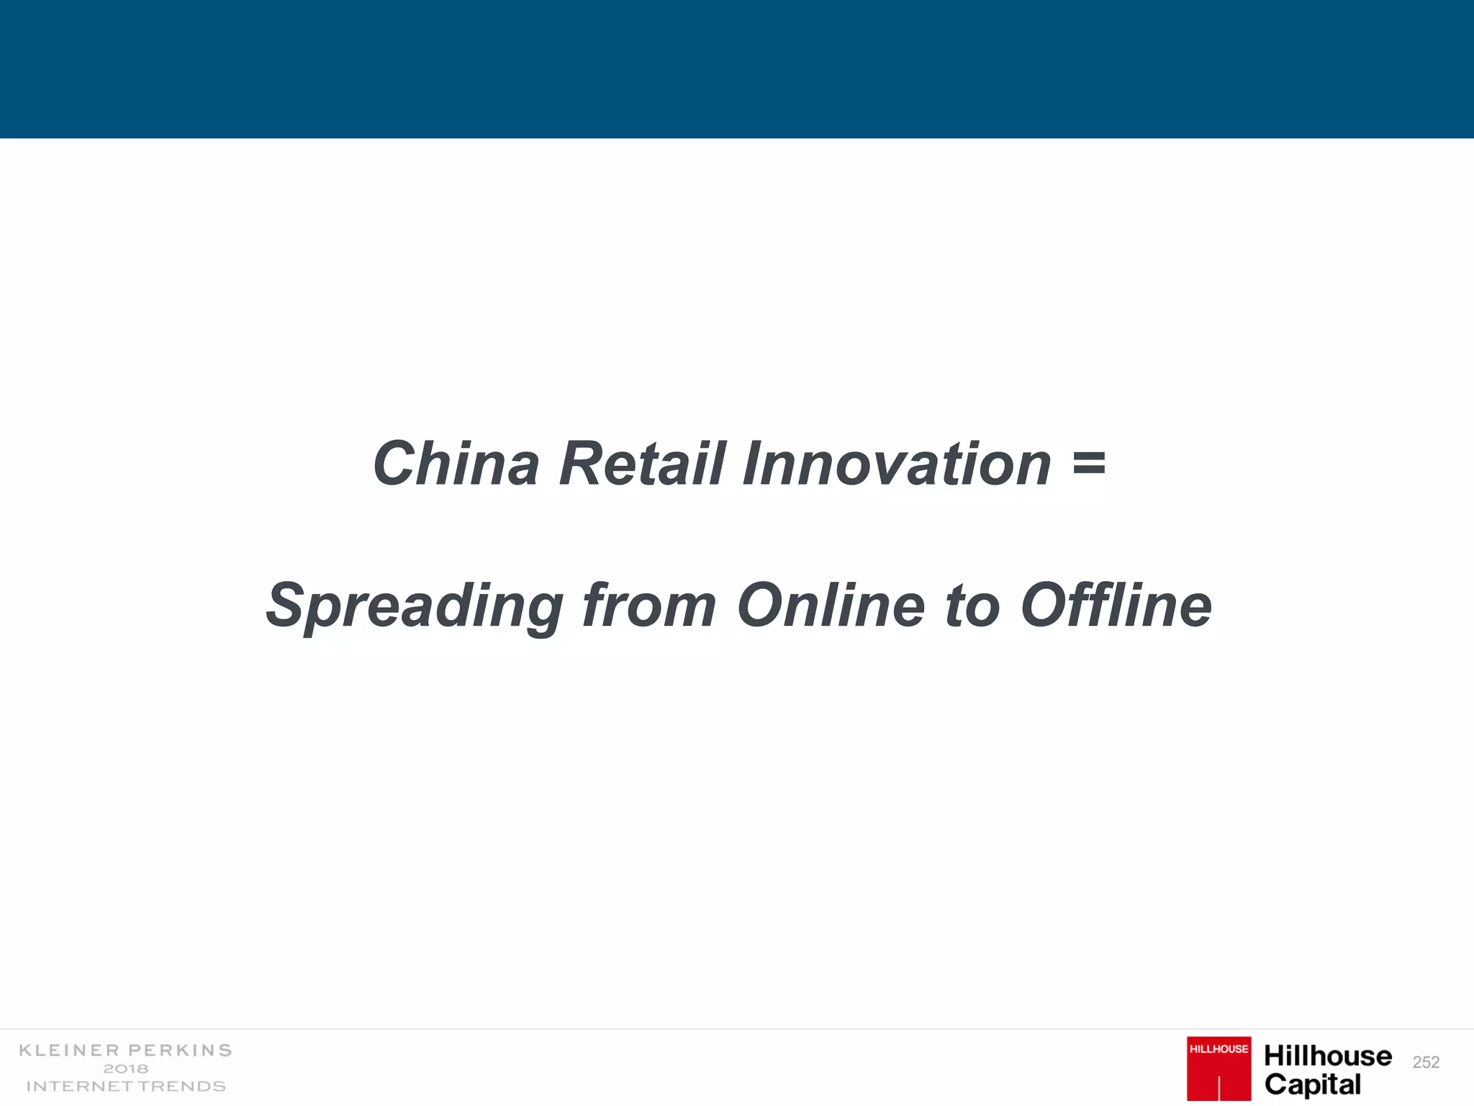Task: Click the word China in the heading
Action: (x=456, y=464)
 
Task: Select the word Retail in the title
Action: (x=642, y=464)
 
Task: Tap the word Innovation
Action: (x=897, y=464)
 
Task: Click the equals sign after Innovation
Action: (x=1088, y=463)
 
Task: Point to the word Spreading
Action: (x=415, y=606)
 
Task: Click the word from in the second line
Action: (x=648, y=606)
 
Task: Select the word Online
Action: (x=831, y=606)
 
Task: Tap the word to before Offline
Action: (x=972, y=606)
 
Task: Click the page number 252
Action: (x=1426, y=1062)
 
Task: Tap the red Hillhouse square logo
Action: (x=1218, y=1069)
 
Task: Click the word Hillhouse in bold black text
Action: (x=1328, y=1056)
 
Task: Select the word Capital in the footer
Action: (x=1313, y=1084)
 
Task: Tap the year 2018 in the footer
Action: (x=126, y=1069)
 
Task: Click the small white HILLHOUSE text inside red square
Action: (x=1218, y=1049)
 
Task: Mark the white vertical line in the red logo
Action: (x=1219, y=1087)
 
